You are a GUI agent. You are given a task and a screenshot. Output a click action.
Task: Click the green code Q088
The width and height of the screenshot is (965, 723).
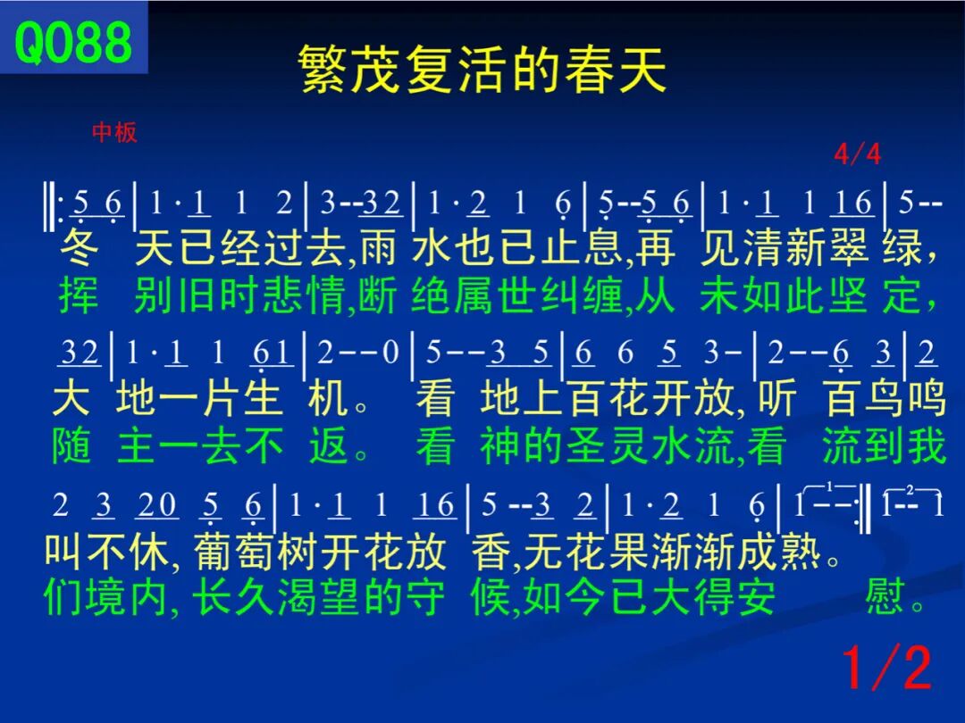pos(73,41)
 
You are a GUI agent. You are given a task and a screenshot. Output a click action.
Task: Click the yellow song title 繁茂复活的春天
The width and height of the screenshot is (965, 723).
pos(482,69)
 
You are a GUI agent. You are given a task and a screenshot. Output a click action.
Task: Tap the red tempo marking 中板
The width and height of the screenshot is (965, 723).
pos(114,132)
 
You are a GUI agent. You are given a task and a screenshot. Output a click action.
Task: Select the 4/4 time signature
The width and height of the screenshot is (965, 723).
pos(857,154)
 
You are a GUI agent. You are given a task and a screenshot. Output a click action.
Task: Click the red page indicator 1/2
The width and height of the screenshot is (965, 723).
pos(887,668)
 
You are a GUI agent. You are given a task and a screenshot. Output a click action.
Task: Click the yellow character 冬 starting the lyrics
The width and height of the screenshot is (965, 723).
pos(80,248)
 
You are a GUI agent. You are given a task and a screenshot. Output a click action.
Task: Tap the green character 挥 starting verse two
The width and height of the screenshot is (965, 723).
pos(79,295)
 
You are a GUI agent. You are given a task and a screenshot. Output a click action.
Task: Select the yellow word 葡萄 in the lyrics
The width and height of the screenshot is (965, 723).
pos(234,552)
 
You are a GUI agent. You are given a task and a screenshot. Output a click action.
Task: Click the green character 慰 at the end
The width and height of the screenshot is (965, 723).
pos(885,596)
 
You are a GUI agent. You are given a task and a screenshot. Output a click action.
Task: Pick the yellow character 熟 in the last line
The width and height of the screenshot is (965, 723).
pos(801,552)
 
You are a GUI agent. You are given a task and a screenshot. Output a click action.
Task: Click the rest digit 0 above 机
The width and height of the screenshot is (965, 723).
pos(390,353)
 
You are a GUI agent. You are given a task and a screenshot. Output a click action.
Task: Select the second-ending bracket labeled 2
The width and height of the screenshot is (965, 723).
pos(911,490)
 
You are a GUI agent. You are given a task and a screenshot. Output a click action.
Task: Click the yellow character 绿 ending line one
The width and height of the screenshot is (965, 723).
pos(902,248)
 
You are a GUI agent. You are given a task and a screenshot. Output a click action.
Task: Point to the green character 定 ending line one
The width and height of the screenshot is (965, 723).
pos(902,295)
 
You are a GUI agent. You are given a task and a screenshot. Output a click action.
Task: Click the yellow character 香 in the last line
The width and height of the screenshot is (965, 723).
pos(491,552)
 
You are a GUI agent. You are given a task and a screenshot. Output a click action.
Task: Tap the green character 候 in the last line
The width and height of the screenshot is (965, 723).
pos(491,596)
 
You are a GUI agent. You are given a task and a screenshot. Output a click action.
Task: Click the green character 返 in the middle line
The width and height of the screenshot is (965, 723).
pos(329,445)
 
